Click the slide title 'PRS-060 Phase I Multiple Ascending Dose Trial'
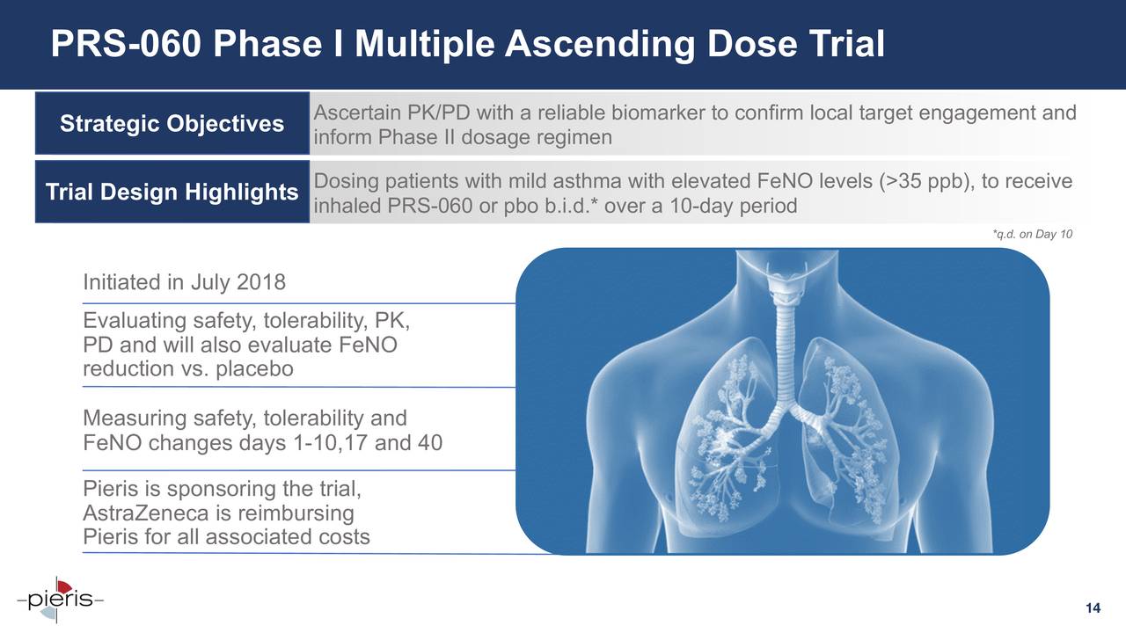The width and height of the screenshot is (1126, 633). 467,44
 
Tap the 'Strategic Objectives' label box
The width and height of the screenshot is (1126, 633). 172,124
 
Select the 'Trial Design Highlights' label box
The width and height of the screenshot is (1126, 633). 172,192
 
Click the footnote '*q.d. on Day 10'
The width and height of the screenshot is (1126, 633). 1032,234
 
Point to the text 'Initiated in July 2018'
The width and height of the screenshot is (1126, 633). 184,283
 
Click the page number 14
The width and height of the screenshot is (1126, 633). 1093,609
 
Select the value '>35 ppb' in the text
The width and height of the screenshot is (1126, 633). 925,182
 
